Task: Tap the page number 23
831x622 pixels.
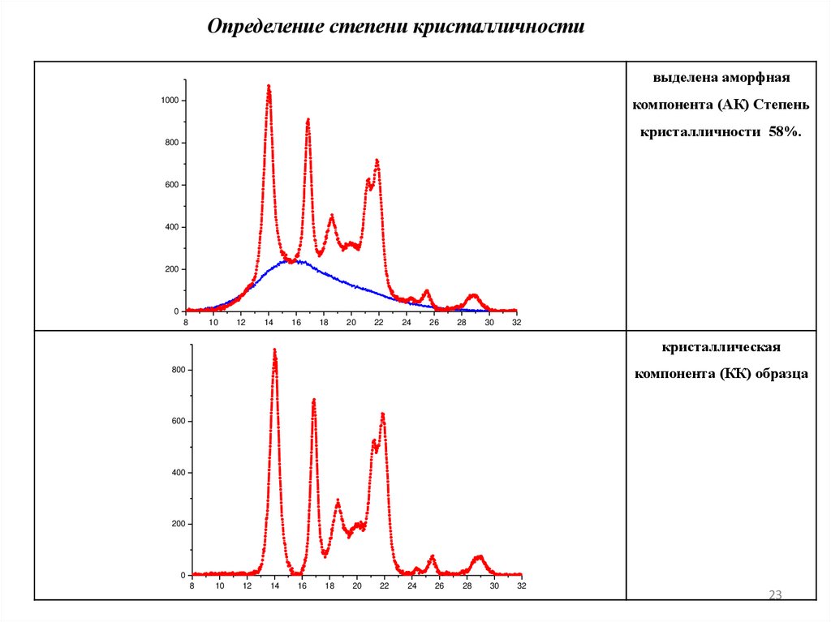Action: pyautogui.click(x=774, y=596)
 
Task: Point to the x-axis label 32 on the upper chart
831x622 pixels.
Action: pyautogui.click(x=517, y=322)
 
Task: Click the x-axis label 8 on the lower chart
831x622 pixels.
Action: pyautogui.click(x=192, y=586)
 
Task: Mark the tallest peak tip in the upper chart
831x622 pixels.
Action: pyautogui.click(x=269, y=86)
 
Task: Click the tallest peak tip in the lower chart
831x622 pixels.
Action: pyautogui.click(x=274, y=350)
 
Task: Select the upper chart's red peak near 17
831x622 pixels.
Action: pyautogui.click(x=308, y=120)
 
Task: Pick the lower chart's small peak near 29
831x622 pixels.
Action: pyautogui.click(x=479, y=557)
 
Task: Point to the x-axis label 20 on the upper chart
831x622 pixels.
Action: pyautogui.click(x=351, y=322)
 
